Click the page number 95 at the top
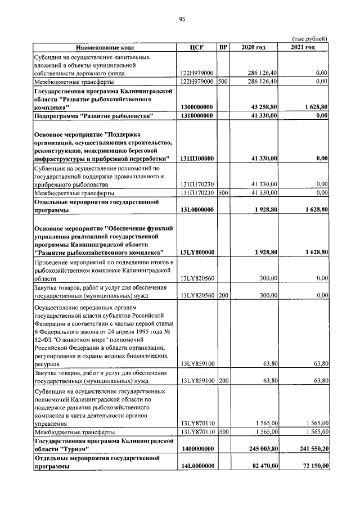[x=182, y=19]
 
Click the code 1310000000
[x=196, y=116]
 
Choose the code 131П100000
[x=196, y=159]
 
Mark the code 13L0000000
[x=196, y=210]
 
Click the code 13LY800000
[x=196, y=253]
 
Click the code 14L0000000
[x=196, y=467]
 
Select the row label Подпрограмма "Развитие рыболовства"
[x=94, y=116]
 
